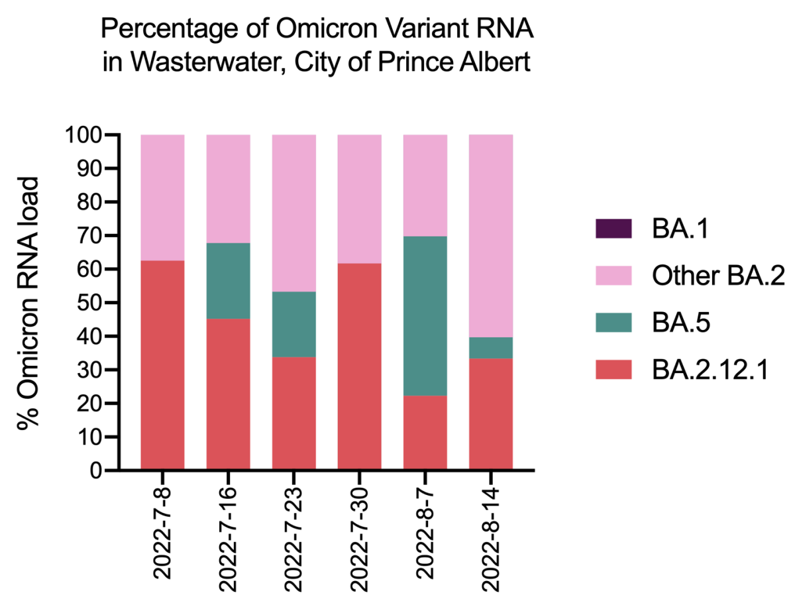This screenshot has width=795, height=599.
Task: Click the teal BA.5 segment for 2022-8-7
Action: click(x=425, y=316)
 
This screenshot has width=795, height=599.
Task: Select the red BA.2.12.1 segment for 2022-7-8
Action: click(x=162, y=366)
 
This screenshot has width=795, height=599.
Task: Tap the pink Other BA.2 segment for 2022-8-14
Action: click(x=491, y=236)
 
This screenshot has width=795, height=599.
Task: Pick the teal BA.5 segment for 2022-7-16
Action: click(x=228, y=281)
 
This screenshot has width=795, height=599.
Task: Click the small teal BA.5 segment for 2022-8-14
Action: click(x=491, y=348)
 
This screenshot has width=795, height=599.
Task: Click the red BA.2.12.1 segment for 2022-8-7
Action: click(x=425, y=433)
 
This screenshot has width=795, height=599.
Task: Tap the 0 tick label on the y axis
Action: click(x=96, y=471)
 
